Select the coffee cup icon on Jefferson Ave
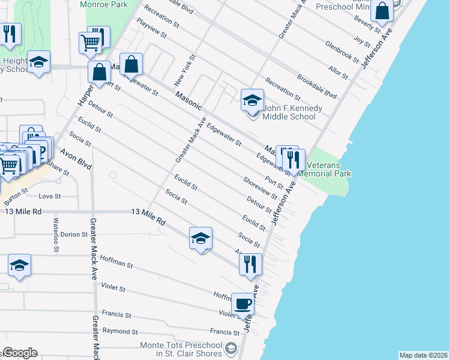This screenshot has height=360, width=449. tap(243, 304)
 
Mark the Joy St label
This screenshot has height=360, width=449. tap(362, 41)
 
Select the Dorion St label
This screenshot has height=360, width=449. tap(74, 235)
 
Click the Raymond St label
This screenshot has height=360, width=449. tap(120, 331)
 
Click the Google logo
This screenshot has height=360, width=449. tap(20, 353)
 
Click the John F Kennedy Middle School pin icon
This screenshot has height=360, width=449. tap(252, 100)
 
